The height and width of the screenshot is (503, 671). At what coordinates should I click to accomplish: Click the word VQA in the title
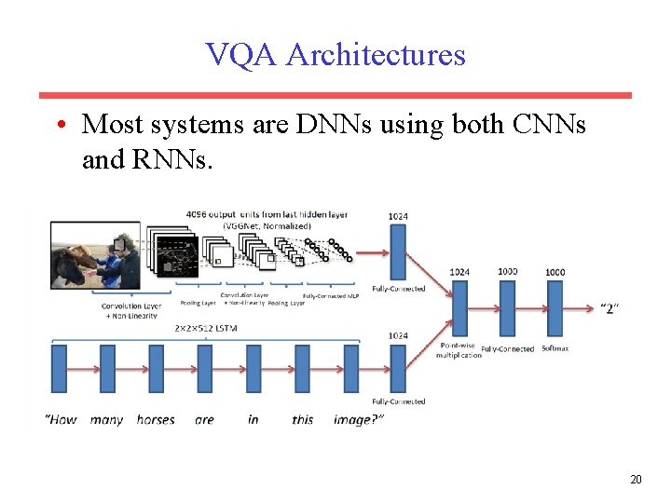point(241,55)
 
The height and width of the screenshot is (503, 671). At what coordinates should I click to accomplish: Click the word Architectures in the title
point(376,55)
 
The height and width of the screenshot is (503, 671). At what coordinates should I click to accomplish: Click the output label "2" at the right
point(609,307)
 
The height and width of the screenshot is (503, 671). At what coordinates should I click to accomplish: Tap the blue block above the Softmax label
point(555,308)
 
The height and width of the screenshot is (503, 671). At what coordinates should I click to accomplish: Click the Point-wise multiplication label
point(460,349)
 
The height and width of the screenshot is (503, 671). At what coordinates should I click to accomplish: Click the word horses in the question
point(156,419)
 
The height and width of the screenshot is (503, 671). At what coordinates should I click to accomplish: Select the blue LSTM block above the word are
point(204,368)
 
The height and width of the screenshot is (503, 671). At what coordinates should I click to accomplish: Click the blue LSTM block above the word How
point(59,368)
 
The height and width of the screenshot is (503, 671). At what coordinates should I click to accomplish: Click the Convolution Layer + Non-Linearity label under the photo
point(131,310)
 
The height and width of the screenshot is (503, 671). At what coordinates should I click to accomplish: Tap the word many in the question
point(106,419)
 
